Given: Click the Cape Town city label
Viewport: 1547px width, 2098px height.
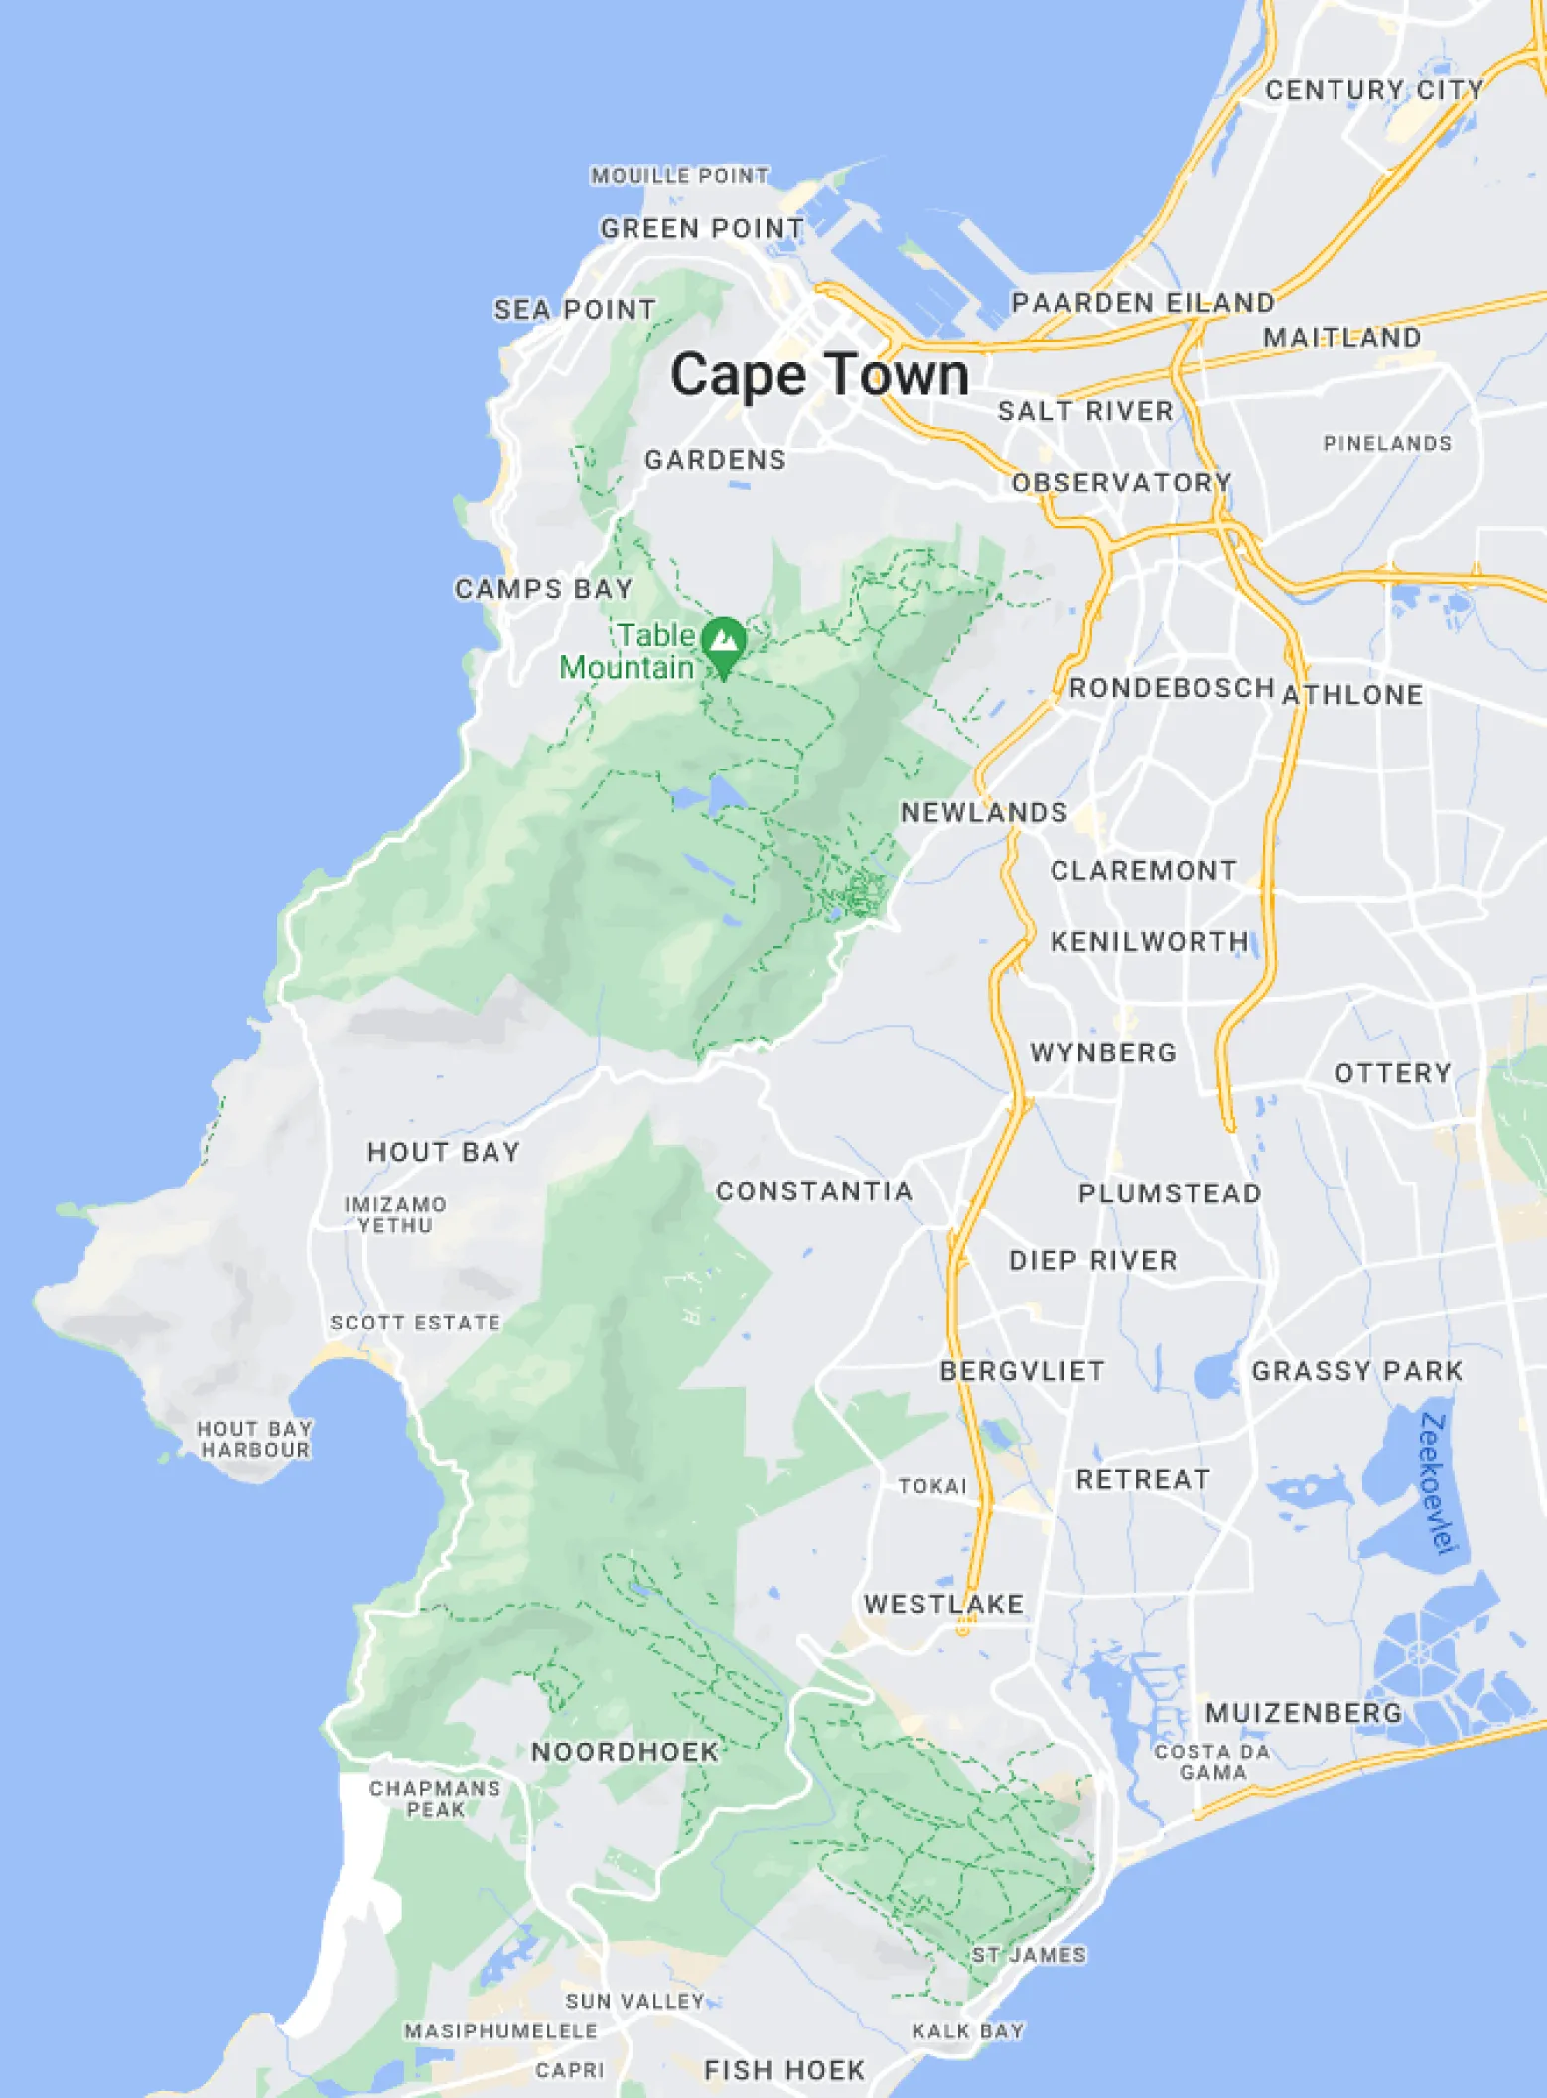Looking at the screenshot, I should (819, 376).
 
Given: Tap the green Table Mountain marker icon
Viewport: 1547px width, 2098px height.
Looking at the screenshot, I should (724, 642).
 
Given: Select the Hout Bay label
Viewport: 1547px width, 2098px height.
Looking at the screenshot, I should (444, 1152).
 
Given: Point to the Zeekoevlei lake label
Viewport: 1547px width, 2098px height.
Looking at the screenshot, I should (1437, 1482).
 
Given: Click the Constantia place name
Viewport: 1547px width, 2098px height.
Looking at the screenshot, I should (814, 1191).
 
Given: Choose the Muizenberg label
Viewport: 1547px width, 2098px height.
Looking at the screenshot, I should (1304, 1713).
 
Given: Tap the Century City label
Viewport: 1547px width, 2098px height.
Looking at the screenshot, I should (1374, 90).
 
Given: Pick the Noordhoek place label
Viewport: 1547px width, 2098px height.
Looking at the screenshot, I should (625, 1751).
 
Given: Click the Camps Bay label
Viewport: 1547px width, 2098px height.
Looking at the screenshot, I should (543, 589).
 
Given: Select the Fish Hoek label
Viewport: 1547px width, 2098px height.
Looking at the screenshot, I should (784, 2070).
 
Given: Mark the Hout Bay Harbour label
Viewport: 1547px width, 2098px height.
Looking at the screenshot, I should (254, 1439).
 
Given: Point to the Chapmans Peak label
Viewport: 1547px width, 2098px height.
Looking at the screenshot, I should (435, 1798).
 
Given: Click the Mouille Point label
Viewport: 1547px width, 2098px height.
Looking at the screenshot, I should (679, 176).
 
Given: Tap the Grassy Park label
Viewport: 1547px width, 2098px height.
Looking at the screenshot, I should (1356, 1371).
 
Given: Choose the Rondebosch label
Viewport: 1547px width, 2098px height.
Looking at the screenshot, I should (1172, 688).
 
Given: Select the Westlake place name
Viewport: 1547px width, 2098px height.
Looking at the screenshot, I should (943, 1605).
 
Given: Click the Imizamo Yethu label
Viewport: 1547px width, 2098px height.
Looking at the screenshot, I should (395, 1214).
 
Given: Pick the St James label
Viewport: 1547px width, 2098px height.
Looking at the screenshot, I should (1029, 1955).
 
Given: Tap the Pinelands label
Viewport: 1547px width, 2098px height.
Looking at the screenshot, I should (1387, 443).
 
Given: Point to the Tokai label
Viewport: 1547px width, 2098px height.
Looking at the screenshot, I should (932, 1486).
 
